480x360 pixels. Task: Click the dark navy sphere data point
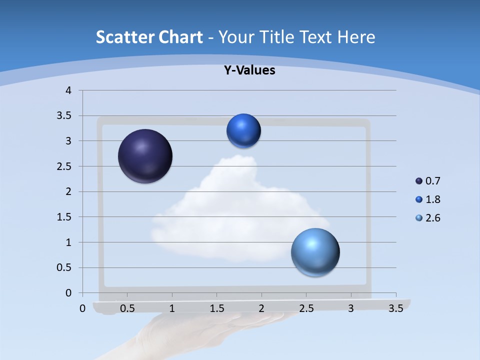pyautogui.click(x=145, y=156)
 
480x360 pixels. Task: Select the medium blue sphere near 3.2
pyautogui.click(x=243, y=130)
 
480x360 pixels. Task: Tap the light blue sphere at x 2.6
pyautogui.click(x=315, y=252)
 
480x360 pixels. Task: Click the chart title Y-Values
pyautogui.click(x=249, y=70)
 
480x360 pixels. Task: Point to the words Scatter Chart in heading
pyautogui.click(x=149, y=37)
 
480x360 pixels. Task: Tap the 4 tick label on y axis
pyautogui.click(x=68, y=90)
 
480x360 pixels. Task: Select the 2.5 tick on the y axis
pyautogui.click(x=64, y=166)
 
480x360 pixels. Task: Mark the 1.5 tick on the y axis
pyautogui.click(x=64, y=217)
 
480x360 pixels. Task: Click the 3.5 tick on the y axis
pyautogui.click(x=64, y=116)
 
